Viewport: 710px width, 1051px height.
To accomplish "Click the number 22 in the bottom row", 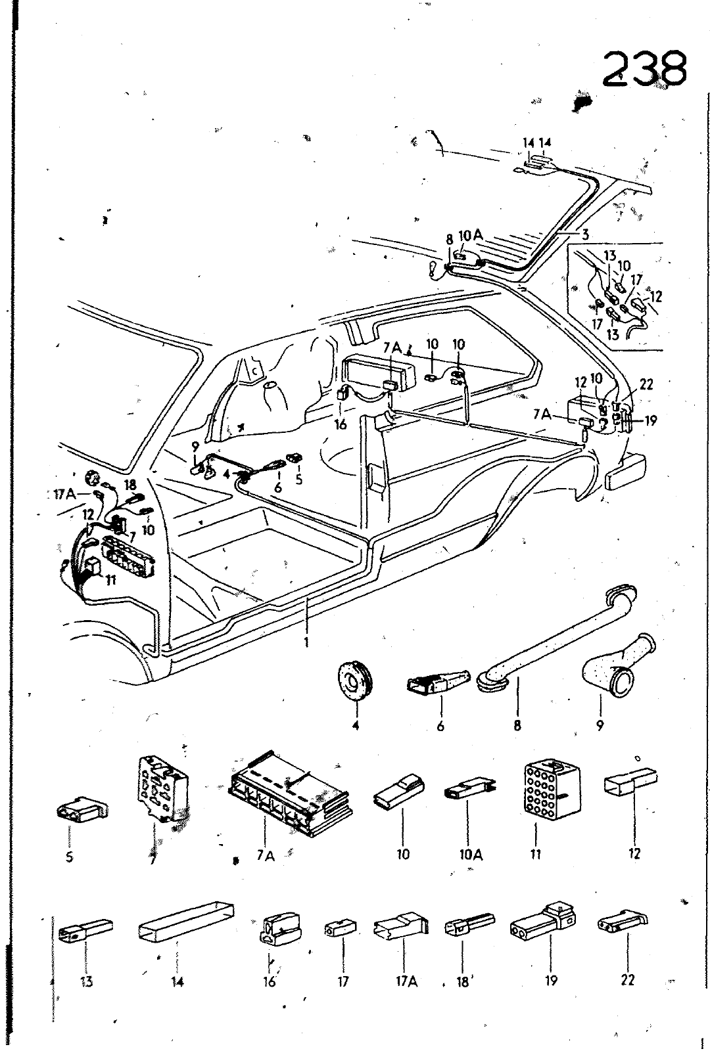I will click(627, 980).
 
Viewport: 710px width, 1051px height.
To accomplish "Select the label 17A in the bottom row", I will click(406, 981).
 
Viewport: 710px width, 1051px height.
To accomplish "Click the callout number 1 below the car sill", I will click(306, 641).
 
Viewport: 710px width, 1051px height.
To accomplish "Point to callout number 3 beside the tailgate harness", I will click(585, 233).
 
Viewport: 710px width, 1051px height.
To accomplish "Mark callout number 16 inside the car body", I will click(340, 425).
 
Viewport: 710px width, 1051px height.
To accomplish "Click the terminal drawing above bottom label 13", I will click(85, 929).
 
